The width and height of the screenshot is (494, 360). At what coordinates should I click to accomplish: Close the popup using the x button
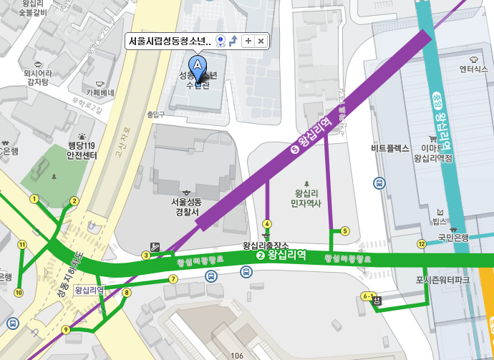click(x=261, y=41)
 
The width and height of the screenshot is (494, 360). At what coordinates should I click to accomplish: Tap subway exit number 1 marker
click(x=33, y=198)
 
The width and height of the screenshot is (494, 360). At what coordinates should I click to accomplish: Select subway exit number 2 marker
click(x=74, y=201)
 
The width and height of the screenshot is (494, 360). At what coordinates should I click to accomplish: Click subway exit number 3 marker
click(x=145, y=255)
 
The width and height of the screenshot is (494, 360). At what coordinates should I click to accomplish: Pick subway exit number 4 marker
click(x=267, y=223)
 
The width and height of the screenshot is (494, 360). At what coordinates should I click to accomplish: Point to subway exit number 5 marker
click(x=345, y=231)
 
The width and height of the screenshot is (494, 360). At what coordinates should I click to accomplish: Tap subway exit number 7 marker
click(x=173, y=278)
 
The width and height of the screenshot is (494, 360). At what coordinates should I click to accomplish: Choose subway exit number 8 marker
click(x=127, y=292)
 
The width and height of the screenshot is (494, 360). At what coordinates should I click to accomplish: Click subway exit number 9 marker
click(x=66, y=330)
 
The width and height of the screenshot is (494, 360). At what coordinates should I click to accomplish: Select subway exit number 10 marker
click(x=19, y=292)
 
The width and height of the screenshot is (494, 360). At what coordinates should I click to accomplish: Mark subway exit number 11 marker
click(x=22, y=245)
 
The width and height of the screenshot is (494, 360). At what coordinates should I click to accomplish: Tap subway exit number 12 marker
click(x=422, y=245)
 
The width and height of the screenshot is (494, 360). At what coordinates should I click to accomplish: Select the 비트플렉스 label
click(x=390, y=149)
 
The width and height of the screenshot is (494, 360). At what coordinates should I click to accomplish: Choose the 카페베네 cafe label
click(x=100, y=93)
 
